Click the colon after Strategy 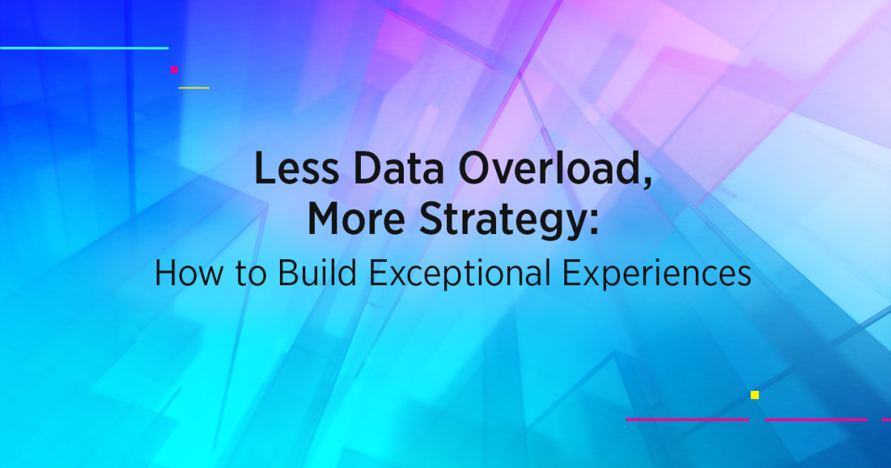click(x=592, y=223)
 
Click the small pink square click(x=174, y=70)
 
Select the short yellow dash click(x=194, y=88)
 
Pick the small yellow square click(x=754, y=395)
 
